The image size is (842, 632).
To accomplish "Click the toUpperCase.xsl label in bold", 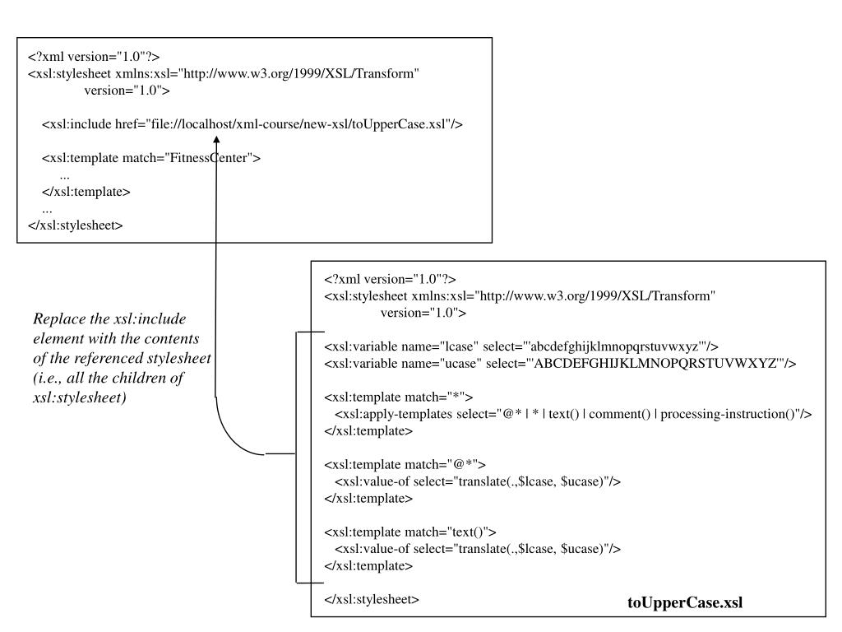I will tap(685, 602).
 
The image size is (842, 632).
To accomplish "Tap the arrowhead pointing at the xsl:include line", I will tap(216, 142).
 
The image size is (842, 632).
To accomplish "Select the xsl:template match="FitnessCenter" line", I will tap(151, 158).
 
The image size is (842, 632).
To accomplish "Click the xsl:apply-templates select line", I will tap(573, 414).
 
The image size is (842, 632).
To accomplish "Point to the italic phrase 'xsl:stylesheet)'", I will tap(76, 397).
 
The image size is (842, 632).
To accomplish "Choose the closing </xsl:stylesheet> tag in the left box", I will tap(76, 225).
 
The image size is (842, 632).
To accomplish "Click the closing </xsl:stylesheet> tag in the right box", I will tap(372, 599).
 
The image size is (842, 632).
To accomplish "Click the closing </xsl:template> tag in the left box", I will tap(86, 192).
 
